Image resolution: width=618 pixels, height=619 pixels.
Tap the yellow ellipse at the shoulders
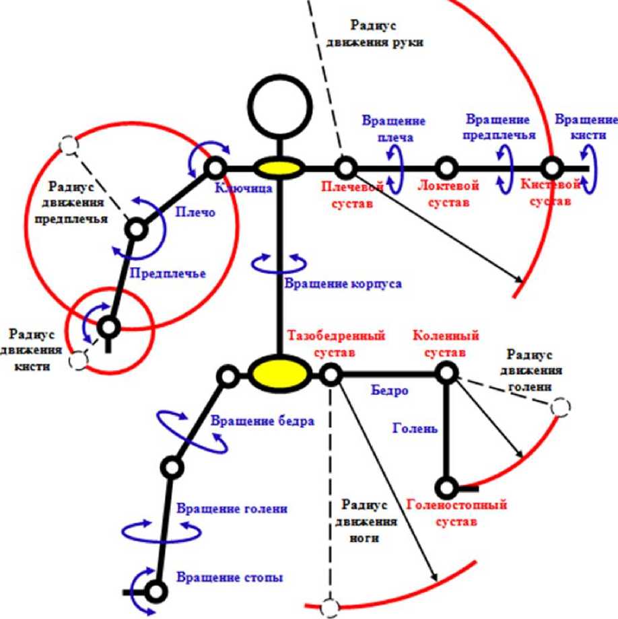[x=277, y=168]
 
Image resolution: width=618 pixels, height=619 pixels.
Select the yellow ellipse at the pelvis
[x=280, y=372]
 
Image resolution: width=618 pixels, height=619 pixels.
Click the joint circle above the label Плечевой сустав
[x=345, y=167]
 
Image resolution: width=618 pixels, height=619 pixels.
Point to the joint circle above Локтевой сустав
[x=446, y=167]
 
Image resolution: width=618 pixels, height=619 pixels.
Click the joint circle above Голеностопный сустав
[x=446, y=486]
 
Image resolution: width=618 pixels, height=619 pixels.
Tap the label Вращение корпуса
[x=343, y=283]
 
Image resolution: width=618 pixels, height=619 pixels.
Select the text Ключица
[x=243, y=188]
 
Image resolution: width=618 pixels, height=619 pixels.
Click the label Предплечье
[x=167, y=273]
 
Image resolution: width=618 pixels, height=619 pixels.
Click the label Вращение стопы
[x=230, y=577]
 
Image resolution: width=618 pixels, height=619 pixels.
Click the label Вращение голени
[x=232, y=509]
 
